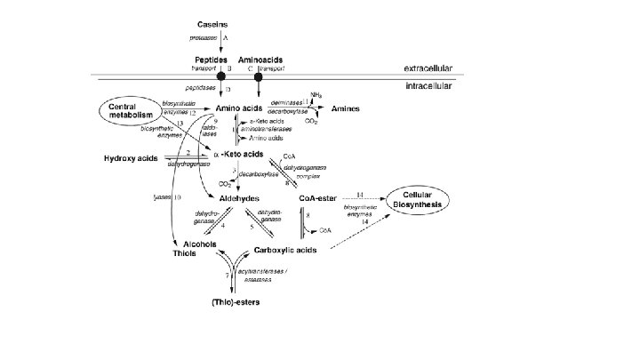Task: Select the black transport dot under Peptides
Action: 221,76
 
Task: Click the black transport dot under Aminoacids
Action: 259,76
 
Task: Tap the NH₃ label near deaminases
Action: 316,93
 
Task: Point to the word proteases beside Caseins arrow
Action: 204,38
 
